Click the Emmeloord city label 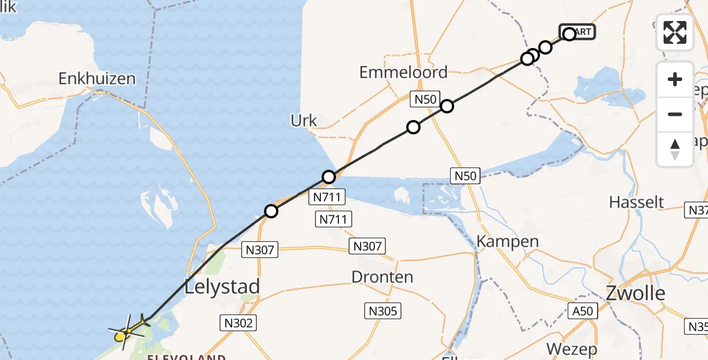[403, 73]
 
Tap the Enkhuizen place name [97, 79]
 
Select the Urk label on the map [304, 121]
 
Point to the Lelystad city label [223, 286]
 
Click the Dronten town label [382, 277]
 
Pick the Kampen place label [499, 242]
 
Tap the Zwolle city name [635, 293]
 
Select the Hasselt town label [637, 202]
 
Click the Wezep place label [572, 349]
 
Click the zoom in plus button [675, 79]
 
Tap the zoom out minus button [675, 114]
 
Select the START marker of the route [578, 32]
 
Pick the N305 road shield [383, 311]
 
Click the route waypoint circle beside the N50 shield [446, 107]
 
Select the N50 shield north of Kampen [465, 176]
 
